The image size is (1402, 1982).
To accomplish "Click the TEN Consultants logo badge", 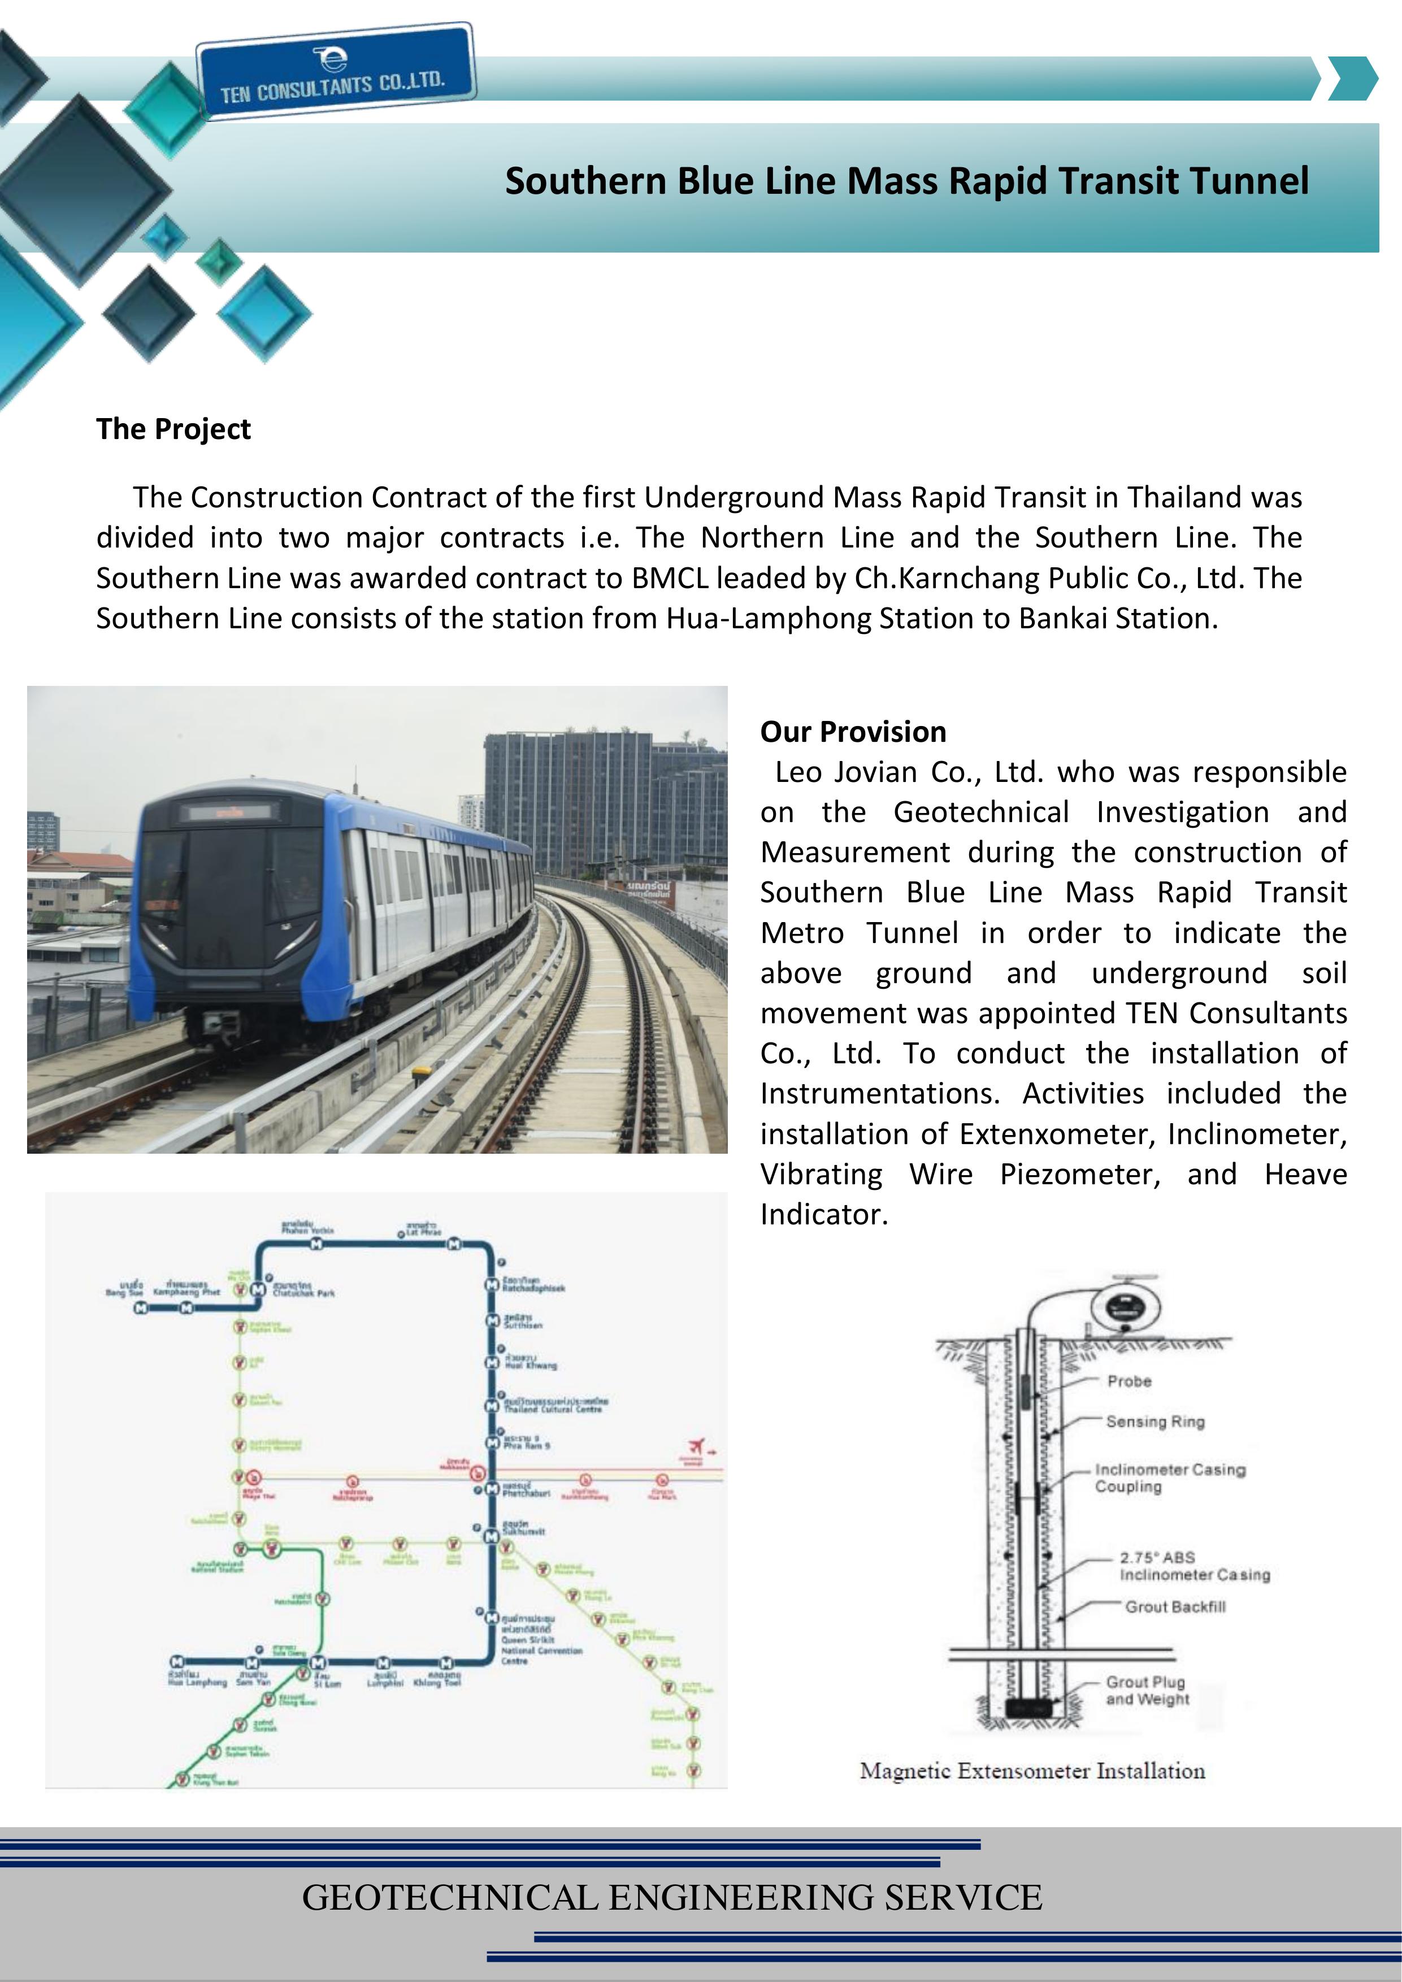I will point(335,71).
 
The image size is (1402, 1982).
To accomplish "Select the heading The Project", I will point(173,429).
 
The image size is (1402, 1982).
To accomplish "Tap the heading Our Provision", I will point(853,732).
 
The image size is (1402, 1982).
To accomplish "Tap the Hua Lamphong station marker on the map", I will point(177,1662).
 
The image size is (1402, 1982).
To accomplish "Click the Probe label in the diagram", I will point(1129,1382).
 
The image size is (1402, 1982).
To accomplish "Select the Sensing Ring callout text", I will point(1155,1422).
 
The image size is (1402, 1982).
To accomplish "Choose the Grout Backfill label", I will point(1175,1606).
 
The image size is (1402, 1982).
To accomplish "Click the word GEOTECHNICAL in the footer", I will point(449,1897).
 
